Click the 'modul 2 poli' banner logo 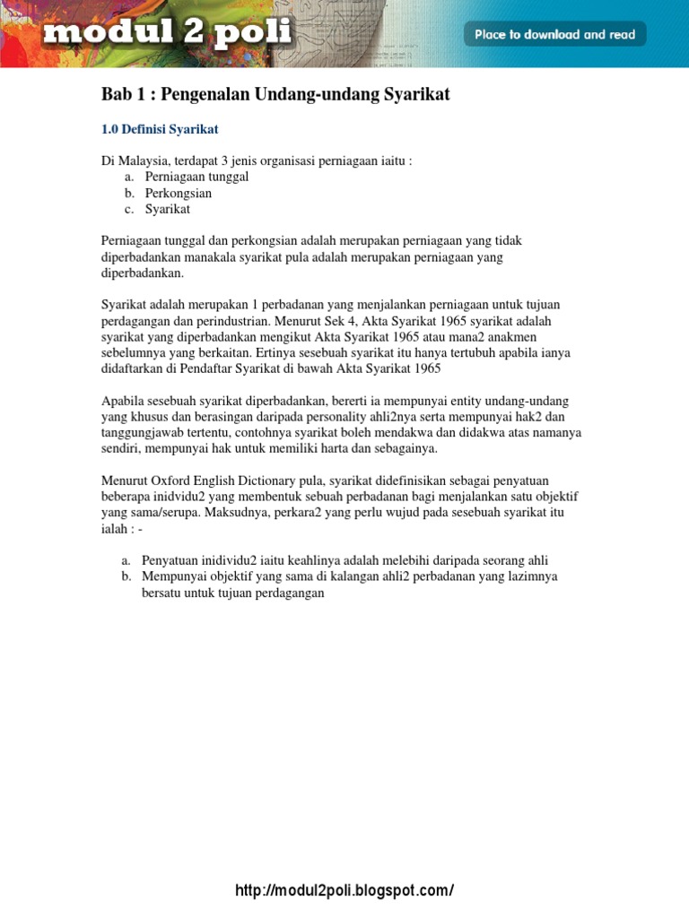click(167, 34)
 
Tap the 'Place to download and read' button click(554, 35)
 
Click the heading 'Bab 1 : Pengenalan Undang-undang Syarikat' click(275, 94)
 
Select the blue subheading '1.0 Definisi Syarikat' click(160, 129)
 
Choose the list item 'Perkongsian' click(178, 193)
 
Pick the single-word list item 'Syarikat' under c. click(168, 209)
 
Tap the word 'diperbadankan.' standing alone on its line click(142, 273)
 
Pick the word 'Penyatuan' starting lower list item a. click(169, 560)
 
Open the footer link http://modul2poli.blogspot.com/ click(344, 890)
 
